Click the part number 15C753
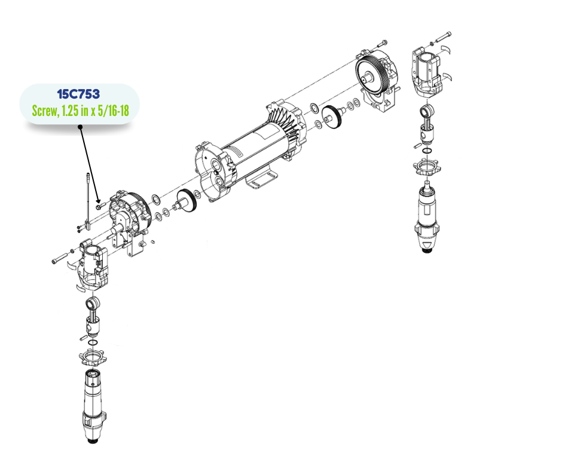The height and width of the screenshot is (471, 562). [x=78, y=94]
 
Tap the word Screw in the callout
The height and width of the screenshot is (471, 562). [x=44, y=111]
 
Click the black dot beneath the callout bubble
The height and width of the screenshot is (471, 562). [x=80, y=127]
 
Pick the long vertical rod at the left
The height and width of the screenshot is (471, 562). [x=87, y=201]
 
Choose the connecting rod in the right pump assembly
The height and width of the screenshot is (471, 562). [x=427, y=122]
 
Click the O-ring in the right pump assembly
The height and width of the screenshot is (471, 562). [x=427, y=150]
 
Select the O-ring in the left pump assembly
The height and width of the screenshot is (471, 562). [x=93, y=343]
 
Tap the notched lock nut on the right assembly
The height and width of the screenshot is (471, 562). [x=427, y=167]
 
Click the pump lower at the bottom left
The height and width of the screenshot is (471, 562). [x=94, y=407]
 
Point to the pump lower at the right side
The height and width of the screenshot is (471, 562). [x=427, y=217]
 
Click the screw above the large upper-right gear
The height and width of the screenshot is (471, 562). [x=382, y=43]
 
